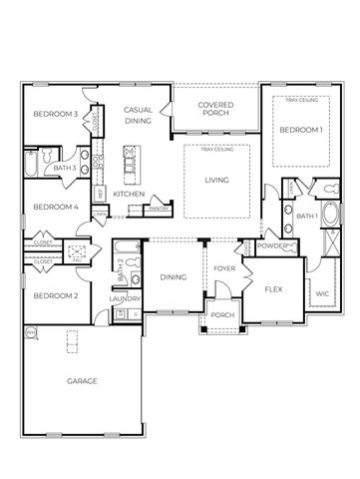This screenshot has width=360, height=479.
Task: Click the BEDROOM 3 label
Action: pyautogui.click(x=55, y=115)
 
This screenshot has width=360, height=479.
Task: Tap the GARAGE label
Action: pyautogui.click(x=82, y=380)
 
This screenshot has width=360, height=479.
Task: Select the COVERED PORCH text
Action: pyautogui.click(x=216, y=109)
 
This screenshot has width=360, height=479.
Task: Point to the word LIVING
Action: pyautogui.click(x=216, y=180)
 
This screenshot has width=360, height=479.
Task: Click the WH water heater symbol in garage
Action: pyautogui.click(x=30, y=332)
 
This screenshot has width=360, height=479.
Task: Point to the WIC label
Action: pyautogui.click(x=322, y=294)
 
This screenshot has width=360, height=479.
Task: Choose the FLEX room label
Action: pyautogui.click(x=275, y=289)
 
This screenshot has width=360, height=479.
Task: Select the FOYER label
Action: pyautogui.click(x=224, y=267)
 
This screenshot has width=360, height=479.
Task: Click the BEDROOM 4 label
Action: pyautogui.click(x=55, y=207)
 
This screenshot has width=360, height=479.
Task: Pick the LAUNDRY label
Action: pyautogui.click(x=125, y=298)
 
